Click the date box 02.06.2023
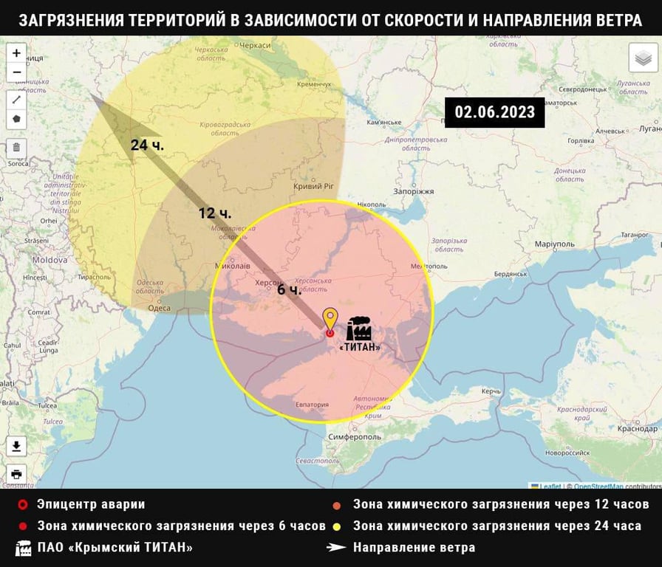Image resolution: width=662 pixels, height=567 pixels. tap(494, 112)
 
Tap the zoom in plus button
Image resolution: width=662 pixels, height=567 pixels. tap(16, 53)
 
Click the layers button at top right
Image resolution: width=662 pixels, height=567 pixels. tap(643, 58)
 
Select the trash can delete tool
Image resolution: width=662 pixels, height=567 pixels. tap(16, 146)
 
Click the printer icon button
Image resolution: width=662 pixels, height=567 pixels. tap(16, 473)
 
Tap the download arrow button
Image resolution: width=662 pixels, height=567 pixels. tap(16, 446)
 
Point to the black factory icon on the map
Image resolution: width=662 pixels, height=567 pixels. tap(359, 329)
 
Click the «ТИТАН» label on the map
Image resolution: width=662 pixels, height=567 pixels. tap(361, 347)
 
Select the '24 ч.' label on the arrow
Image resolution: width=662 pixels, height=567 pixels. tap(147, 145)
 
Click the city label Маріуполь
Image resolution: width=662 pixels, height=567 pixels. tap(554, 244)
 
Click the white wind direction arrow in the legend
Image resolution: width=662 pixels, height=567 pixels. tap(337, 548)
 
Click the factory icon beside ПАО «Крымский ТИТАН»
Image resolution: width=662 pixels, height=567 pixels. tap(23, 548)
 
